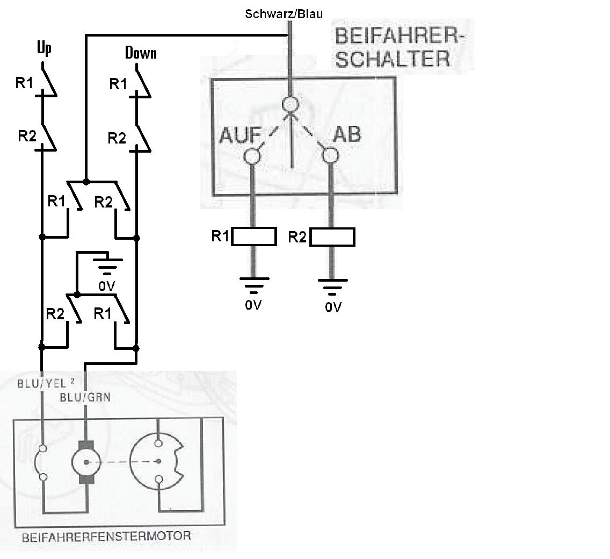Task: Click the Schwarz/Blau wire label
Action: (284, 13)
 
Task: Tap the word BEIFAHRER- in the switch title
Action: (397, 37)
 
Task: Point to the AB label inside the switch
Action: (347, 134)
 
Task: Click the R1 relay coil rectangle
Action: (253, 236)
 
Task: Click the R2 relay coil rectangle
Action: (332, 237)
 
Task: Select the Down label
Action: (141, 53)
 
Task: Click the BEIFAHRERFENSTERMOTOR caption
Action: (106, 536)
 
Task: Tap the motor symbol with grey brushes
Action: (86, 462)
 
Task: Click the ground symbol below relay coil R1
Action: (253, 283)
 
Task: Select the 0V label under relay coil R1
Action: (253, 305)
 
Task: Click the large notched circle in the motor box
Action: (159, 461)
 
